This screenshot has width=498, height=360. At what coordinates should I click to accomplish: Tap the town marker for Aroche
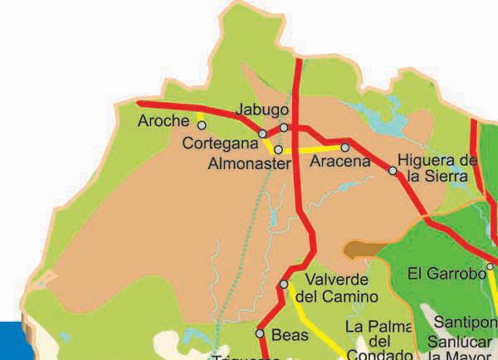click(x=202, y=125)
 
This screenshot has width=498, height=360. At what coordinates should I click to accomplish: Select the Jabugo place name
click(x=262, y=109)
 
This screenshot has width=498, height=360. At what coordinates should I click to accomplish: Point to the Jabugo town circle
click(x=284, y=128)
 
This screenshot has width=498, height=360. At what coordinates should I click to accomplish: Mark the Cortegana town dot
click(x=262, y=134)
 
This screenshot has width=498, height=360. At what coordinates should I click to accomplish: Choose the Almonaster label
click(x=249, y=163)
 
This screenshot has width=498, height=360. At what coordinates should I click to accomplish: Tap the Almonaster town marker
click(x=279, y=149)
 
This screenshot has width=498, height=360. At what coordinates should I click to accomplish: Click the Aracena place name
click(x=339, y=163)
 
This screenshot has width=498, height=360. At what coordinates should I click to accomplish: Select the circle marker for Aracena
click(x=345, y=148)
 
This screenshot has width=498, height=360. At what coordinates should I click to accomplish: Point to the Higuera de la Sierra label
click(x=437, y=168)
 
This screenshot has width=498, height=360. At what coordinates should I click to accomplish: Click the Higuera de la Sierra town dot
click(x=393, y=171)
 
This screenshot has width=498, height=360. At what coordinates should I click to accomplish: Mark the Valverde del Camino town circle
click(x=284, y=284)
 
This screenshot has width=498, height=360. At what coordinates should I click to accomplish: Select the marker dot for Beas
click(x=260, y=333)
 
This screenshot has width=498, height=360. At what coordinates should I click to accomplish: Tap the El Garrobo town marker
click(x=491, y=267)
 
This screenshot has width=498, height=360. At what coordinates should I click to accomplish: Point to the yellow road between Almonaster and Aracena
click(x=311, y=150)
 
